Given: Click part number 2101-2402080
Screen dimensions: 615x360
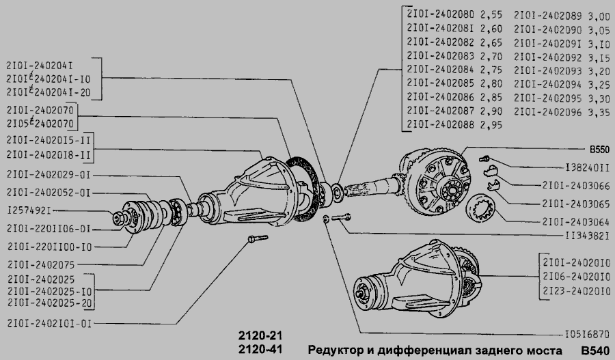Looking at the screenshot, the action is [x=441, y=14].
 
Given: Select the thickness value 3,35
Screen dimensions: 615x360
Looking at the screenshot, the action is [x=599, y=113].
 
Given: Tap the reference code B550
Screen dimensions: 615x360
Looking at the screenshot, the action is [x=599, y=150].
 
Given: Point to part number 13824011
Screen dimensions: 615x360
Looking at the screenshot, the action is [x=588, y=168].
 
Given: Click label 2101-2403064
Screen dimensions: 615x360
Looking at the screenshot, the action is [x=576, y=222].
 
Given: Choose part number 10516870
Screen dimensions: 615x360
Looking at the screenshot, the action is [x=587, y=335].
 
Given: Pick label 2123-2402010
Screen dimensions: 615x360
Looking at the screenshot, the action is [x=577, y=291].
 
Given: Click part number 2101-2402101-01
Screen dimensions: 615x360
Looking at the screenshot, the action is [x=49, y=324].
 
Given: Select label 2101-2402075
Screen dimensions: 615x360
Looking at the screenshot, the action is [x=41, y=265].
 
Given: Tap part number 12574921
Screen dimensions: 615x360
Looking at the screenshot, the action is [x=29, y=210].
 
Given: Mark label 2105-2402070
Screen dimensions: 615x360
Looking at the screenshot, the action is [x=40, y=124].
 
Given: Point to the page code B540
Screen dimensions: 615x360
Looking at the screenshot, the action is [x=595, y=350].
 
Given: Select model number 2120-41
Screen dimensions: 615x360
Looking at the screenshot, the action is [x=260, y=349].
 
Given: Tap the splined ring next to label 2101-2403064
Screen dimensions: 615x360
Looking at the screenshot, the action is [x=481, y=208].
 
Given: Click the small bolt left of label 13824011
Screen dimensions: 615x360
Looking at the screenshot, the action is [x=484, y=158].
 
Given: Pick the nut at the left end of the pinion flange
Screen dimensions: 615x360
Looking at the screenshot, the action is [x=118, y=219].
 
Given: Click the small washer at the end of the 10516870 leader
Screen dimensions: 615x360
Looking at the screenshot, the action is [x=325, y=219].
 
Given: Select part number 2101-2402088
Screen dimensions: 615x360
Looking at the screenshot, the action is [x=441, y=125].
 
